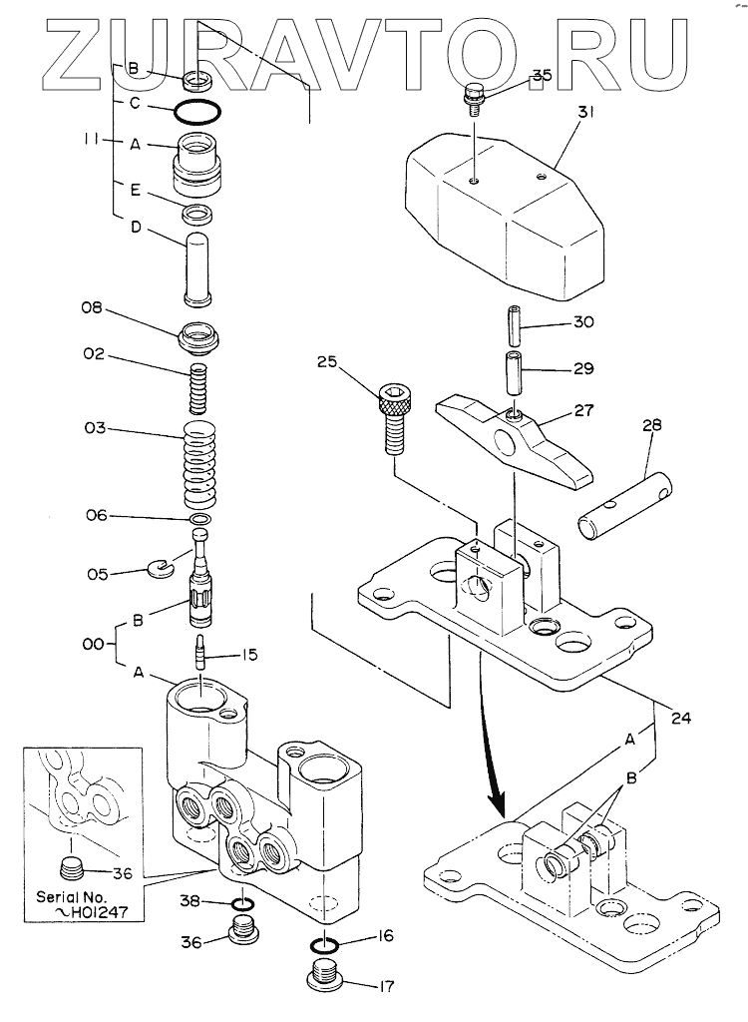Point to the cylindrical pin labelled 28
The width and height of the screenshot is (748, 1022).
[625, 507]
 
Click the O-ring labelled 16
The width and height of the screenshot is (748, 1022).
[323, 943]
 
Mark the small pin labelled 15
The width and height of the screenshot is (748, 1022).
[200, 653]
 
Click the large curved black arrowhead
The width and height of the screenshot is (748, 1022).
[497, 801]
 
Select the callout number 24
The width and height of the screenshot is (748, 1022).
[681, 719]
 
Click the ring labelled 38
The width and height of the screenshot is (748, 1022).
[242, 904]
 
